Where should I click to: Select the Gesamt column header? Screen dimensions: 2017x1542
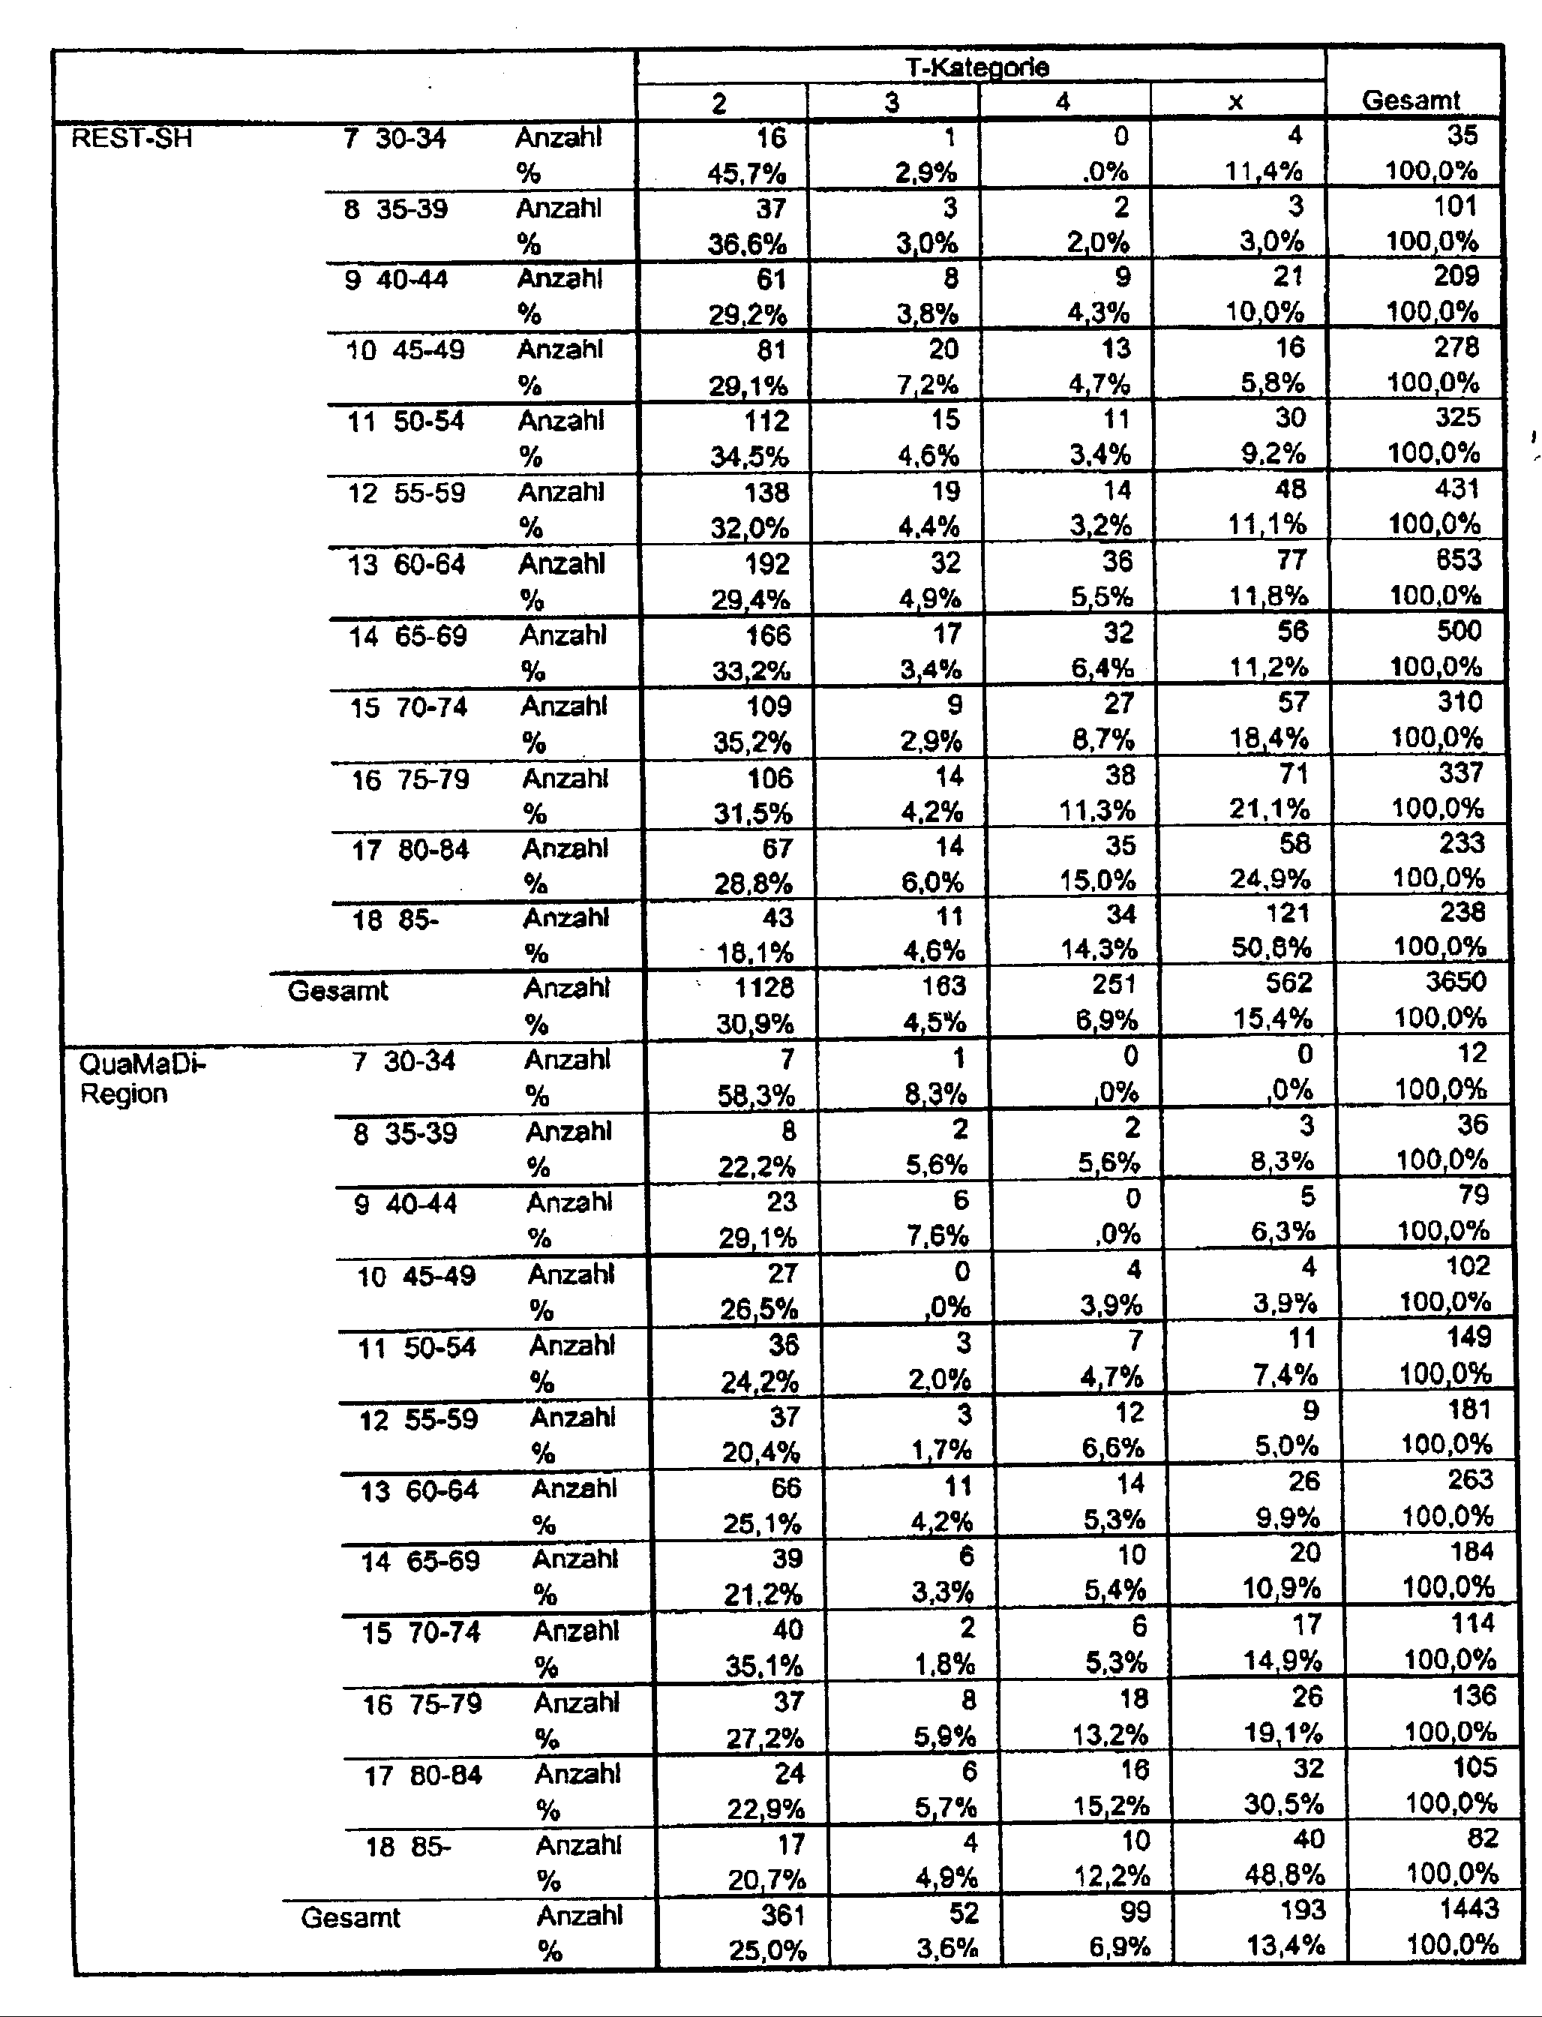pos(1411,100)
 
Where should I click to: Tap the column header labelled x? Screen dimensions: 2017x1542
pos(1235,102)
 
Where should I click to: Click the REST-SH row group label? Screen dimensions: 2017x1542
pos(131,139)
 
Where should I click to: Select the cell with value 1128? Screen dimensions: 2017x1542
pos(763,987)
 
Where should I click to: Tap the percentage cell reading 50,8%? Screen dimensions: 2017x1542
pos(1271,947)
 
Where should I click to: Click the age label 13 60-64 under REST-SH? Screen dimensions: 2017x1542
pos(406,565)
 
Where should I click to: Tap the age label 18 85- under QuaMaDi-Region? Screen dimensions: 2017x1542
pos(409,1846)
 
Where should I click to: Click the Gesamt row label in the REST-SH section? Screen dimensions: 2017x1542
pos(337,991)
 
